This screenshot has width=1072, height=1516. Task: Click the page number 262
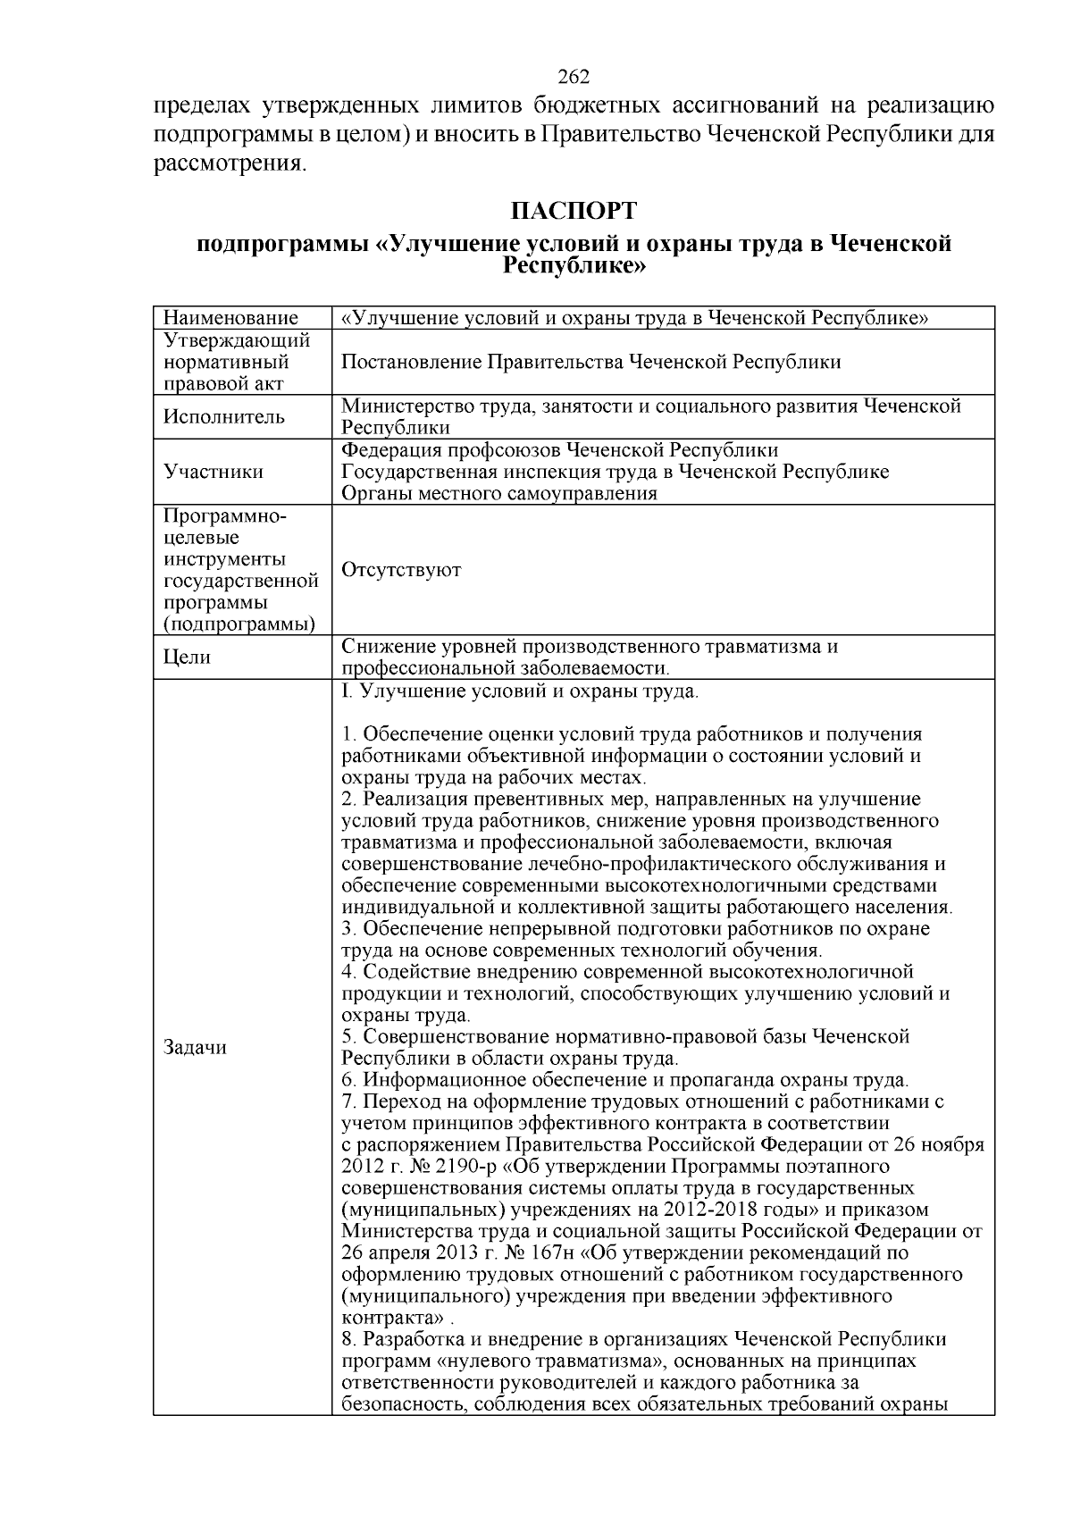click(x=574, y=77)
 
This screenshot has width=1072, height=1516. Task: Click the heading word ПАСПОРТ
click(x=574, y=212)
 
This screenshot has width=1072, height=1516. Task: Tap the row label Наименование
click(x=230, y=318)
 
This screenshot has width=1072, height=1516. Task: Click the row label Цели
click(x=188, y=657)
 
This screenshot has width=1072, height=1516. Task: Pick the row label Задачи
click(x=196, y=1048)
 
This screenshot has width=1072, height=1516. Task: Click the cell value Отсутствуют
click(x=401, y=570)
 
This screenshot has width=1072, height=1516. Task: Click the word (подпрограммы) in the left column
click(x=239, y=624)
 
